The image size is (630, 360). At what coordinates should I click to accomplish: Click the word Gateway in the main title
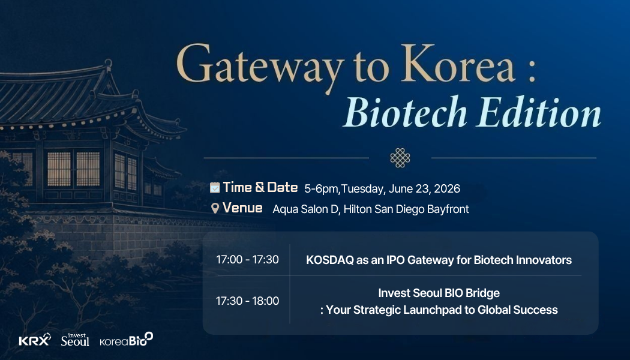(x=260, y=66)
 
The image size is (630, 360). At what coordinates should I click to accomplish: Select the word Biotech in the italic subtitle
(x=405, y=111)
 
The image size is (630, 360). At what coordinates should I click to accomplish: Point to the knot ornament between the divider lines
(x=400, y=157)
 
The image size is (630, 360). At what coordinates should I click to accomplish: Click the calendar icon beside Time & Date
(x=215, y=187)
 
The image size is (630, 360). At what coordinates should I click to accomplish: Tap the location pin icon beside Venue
(x=215, y=208)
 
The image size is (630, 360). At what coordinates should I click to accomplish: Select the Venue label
(x=242, y=208)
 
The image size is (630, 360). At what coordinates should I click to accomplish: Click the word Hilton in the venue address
(x=358, y=209)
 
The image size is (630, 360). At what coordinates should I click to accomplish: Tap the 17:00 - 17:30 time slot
(x=247, y=260)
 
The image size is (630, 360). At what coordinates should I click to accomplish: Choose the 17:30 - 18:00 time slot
(x=247, y=301)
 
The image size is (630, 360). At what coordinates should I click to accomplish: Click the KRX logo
(x=35, y=340)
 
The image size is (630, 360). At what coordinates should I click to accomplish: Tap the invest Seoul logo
(x=75, y=340)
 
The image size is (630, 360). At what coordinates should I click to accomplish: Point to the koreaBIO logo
(x=127, y=340)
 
